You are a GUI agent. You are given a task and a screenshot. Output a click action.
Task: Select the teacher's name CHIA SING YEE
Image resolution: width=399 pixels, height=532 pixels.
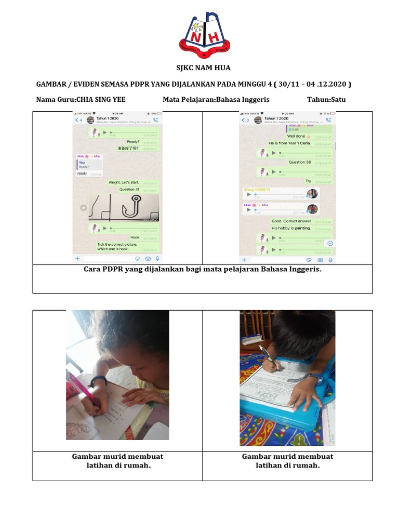101,100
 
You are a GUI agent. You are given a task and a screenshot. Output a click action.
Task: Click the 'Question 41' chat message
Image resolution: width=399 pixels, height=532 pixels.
129,190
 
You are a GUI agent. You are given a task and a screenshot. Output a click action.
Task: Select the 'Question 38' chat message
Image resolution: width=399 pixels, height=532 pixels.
300,162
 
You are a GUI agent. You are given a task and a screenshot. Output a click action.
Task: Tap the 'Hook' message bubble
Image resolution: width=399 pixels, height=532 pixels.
135,237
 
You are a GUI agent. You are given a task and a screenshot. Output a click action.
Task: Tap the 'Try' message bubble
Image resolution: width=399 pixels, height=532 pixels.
309,181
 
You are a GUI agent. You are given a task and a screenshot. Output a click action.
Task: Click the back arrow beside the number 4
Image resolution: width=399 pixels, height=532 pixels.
76,120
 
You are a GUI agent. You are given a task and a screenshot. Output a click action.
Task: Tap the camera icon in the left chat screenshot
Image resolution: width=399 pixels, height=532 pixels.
148,258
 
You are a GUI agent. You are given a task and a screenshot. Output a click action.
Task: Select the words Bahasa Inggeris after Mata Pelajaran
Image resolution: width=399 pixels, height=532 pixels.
243,100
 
